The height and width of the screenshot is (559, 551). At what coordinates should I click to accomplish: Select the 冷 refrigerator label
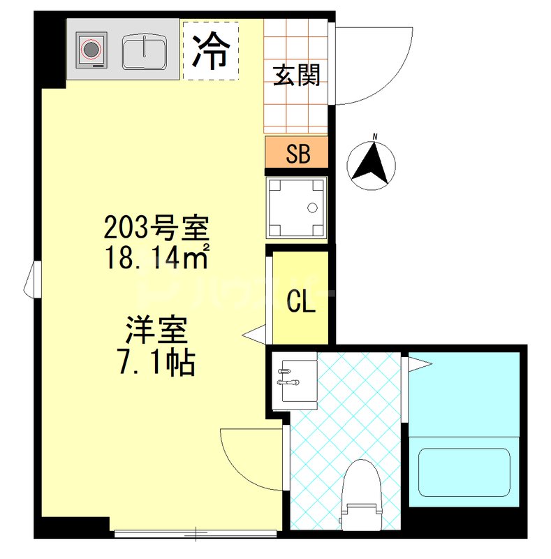click(x=211, y=50)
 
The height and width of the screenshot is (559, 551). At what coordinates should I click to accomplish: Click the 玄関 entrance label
click(x=297, y=74)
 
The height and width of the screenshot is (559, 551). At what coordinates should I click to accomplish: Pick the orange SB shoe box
click(x=297, y=153)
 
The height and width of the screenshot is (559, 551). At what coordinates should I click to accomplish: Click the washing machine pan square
click(x=297, y=208)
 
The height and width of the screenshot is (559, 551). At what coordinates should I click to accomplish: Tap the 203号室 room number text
click(x=156, y=228)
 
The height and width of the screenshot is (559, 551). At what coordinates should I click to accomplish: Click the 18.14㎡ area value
click(x=156, y=256)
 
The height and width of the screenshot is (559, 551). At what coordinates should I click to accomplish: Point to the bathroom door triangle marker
click(x=418, y=362)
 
